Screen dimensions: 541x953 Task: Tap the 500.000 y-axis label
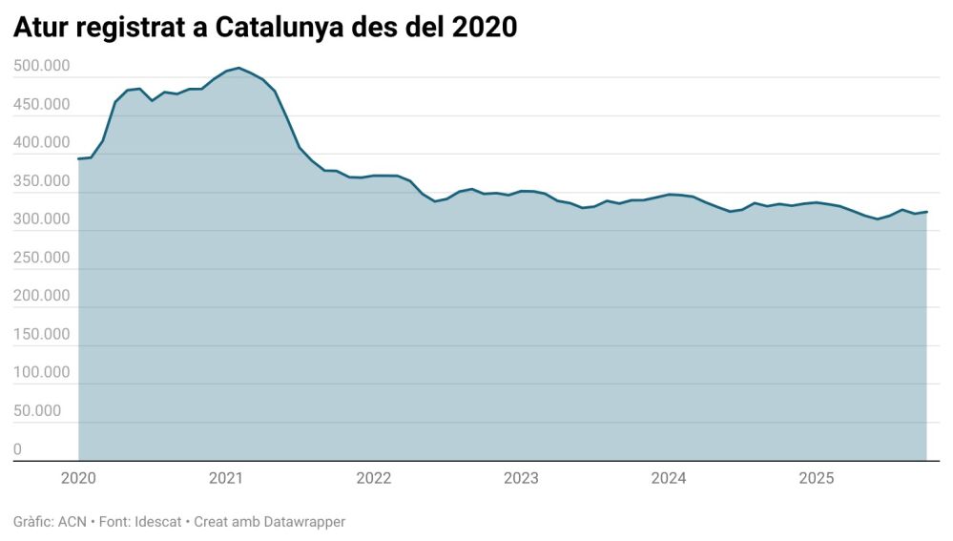point(42,66)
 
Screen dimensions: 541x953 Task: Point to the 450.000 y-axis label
point(42,104)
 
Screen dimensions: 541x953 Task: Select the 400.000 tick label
point(42,142)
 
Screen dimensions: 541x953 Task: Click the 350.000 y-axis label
point(42,181)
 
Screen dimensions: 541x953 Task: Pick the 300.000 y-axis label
point(42,219)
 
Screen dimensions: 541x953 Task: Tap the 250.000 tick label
point(42,258)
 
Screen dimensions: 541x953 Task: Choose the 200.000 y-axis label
point(42,296)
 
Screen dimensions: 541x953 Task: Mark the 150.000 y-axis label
point(42,334)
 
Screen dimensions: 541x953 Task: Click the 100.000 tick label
point(42,372)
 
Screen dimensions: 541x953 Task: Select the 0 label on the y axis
point(18,449)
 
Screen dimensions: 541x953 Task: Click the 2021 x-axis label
point(225,478)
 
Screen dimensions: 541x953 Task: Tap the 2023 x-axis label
point(521,478)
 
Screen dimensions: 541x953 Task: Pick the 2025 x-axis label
point(817,478)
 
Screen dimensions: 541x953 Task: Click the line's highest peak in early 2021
point(238,68)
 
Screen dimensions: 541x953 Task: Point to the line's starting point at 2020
point(78,159)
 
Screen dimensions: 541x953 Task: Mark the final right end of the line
point(926,212)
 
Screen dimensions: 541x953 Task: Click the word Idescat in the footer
point(153,522)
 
